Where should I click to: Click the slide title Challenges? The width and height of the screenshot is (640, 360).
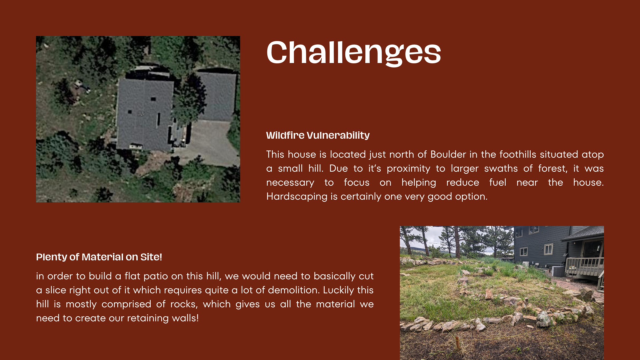(354, 52)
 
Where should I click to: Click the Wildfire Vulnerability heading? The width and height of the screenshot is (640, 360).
(318, 135)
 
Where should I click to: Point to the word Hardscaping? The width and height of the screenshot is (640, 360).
(297, 197)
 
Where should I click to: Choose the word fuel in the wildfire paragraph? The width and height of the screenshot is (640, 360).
(498, 182)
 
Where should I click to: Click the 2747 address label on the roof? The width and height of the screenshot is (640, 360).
(141, 115)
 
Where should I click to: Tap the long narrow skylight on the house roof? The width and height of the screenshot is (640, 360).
(158, 120)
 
